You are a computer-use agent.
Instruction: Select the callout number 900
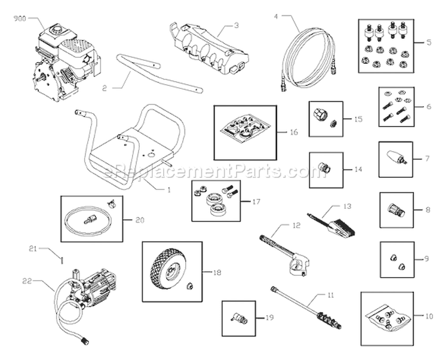(20, 19)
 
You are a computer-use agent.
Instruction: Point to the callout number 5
(429, 44)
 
